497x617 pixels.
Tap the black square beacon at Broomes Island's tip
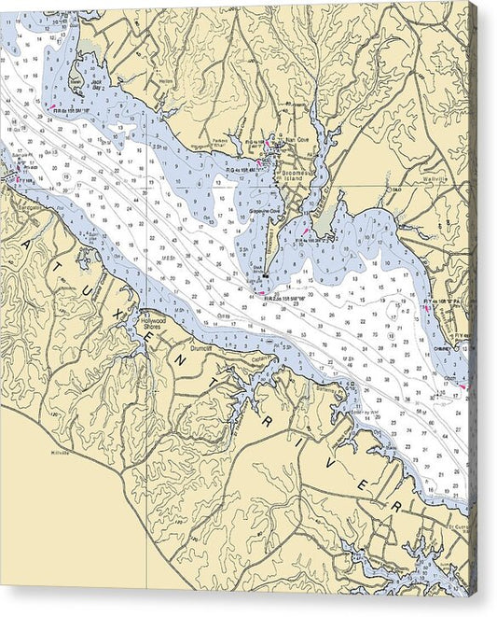[x=265, y=275]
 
